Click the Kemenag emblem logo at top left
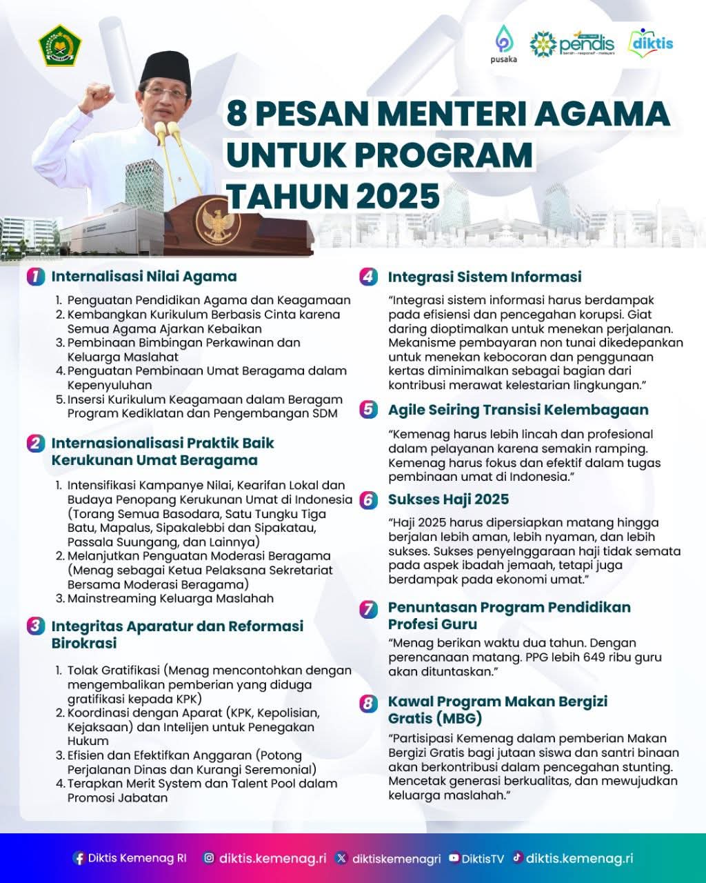coord(59,45)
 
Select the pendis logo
coord(572,43)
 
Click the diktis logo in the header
coord(651,43)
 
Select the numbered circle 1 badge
coord(35,277)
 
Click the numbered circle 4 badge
coord(368,277)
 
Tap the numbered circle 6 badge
coord(369,499)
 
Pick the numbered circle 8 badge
coord(369,703)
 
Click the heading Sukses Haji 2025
coord(448,499)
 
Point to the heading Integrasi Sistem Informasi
coord(485,277)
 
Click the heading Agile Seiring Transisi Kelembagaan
coord(518,409)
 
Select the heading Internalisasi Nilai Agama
coord(144,276)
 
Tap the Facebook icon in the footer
coord(79,858)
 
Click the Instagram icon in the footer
coord(209,858)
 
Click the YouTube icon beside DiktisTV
coord(454,858)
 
